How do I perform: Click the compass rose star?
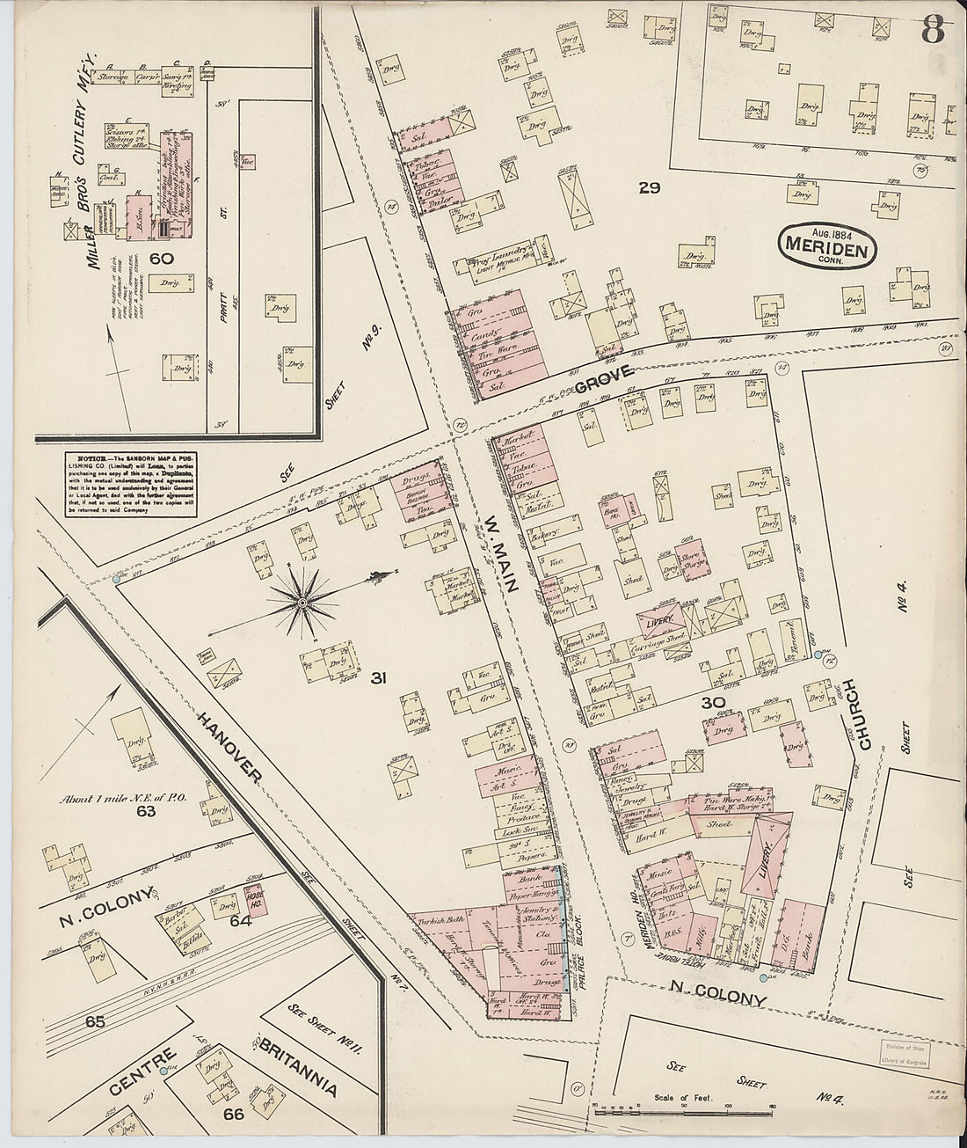tap(302, 602)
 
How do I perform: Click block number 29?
tap(650, 187)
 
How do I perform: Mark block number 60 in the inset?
tap(160, 258)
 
